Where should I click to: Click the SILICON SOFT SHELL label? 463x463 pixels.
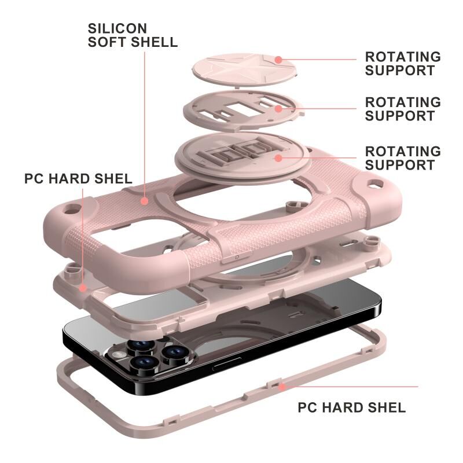[133, 35]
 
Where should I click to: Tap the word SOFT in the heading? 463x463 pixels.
[109, 42]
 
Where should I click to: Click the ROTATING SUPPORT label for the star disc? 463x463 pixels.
[402, 64]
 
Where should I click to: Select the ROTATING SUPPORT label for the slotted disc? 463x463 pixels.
[402, 109]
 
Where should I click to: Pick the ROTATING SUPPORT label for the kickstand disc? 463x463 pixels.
[402, 158]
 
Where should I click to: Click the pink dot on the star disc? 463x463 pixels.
[278, 59]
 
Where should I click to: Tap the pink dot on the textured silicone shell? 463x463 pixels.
[144, 201]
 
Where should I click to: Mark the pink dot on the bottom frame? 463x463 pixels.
[282, 386]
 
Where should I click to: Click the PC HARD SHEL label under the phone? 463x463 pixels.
[351, 407]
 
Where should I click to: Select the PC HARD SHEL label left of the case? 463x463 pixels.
[78, 178]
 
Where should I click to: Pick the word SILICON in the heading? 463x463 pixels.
[109, 28]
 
